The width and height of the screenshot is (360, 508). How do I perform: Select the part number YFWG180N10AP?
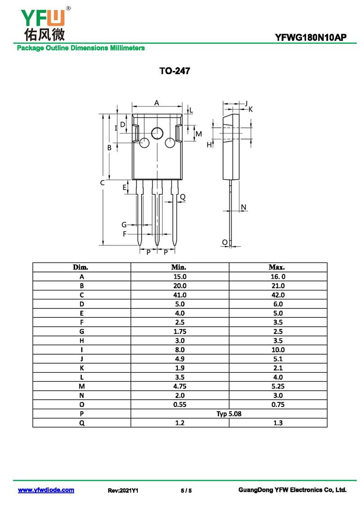(x=310, y=38)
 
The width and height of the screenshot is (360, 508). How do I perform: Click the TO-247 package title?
(x=175, y=71)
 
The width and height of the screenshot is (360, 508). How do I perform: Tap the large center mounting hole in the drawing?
(x=157, y=133)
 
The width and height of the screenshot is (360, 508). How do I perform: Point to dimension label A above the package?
(x=157, y=102)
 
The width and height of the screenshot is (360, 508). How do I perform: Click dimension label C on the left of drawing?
(x=102, y=183)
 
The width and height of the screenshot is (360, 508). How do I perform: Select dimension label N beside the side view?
(x=243, y=207)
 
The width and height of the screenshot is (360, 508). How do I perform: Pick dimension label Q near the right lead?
(x=183, y=196)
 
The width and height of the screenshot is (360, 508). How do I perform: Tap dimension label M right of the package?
(x=199, y=134)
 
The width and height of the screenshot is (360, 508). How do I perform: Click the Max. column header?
(x=277, y=267)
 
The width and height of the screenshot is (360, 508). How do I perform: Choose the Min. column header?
(x=179, y=267)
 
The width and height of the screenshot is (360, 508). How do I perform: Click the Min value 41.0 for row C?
(x=180, y=295)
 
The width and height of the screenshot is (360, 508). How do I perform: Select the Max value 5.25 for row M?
(x=278, y=386)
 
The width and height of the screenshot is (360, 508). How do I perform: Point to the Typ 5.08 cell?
(x=229, y=414)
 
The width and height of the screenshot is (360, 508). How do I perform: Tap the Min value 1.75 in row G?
(x=180, y=331)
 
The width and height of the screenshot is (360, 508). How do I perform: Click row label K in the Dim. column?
(x=82, y=368)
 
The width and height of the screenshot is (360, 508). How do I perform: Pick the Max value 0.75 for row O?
(x=278, y=405)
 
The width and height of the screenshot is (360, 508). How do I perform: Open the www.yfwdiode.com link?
(x=46, y=490)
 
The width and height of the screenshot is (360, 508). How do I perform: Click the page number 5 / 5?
(x=186, y=490)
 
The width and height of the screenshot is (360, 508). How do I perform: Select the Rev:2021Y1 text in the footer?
(x=123, y=490)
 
